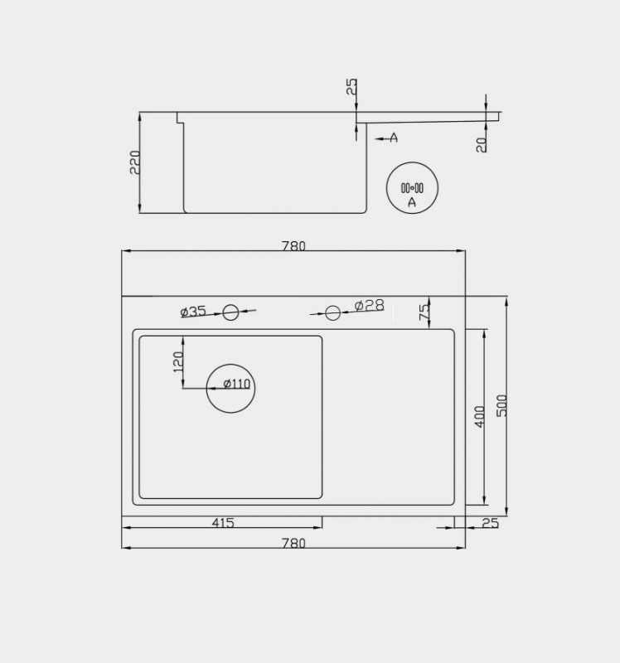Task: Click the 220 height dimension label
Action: [135, 162]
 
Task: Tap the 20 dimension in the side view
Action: [482, 144]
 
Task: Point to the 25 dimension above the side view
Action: [352, 87]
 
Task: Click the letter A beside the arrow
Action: [395, 138]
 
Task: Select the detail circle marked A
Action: [412, 162]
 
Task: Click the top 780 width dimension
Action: [293, 245]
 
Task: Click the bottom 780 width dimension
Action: [293, 543]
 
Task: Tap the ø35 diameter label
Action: [193, 312]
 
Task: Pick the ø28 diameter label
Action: [369, 305]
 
